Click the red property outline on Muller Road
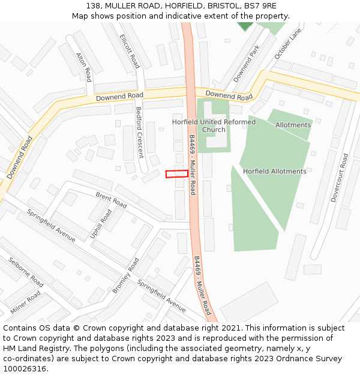pos(176,174)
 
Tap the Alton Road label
pos(83,67)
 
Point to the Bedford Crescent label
pos(139,132)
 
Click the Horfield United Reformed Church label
pos(214,125)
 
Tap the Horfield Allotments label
pos(274,172)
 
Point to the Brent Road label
pos(111,200)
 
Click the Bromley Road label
pos(125,276)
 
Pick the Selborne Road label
pos(25,272)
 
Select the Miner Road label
pos(25,303)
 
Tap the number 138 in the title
pos(93,5)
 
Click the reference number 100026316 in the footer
pos(25,369)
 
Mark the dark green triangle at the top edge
pos(245,26)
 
